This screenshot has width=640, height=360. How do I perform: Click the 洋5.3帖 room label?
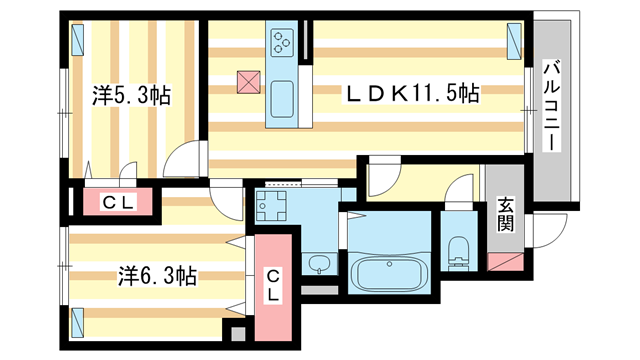pos(132,96)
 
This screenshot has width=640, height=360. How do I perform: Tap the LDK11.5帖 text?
pos(412,94)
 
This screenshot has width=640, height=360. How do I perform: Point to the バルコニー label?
pos(550,106)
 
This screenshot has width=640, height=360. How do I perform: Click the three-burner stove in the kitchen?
pos(281,42)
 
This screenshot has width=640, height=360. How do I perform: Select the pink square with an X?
pos(247,82)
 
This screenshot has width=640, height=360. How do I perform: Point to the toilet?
pos(459,253)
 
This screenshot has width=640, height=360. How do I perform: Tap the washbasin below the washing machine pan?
pos(317,265)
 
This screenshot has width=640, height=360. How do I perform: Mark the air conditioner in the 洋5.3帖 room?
pos(79,41)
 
